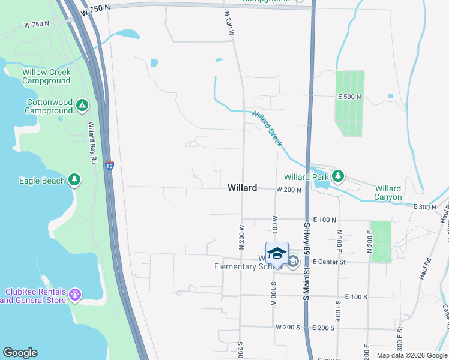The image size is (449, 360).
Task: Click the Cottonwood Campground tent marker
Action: click(82, 107)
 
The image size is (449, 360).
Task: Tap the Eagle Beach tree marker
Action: click(74, 179)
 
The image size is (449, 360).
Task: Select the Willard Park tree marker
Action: click(339, 176)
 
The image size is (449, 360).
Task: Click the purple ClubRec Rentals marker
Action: click(74, 295)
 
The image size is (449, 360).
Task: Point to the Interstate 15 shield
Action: click(109, 165)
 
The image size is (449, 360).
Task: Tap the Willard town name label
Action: click(243, 188)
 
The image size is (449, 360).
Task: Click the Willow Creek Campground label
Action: click(47, 76)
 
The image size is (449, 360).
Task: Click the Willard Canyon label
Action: click(388, 193)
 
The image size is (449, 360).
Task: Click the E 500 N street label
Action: click(349, 97)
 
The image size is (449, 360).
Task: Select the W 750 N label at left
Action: click(37, 24)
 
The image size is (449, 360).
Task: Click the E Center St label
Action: click(327, 262)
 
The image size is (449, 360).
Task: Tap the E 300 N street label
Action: click(426, 207)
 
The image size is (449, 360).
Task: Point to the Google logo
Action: click(20, 353)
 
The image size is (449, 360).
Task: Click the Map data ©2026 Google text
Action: click(412, 355)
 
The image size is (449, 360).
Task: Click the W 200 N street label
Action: click(289, 190)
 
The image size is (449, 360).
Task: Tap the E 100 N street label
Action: click(324, 220)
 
